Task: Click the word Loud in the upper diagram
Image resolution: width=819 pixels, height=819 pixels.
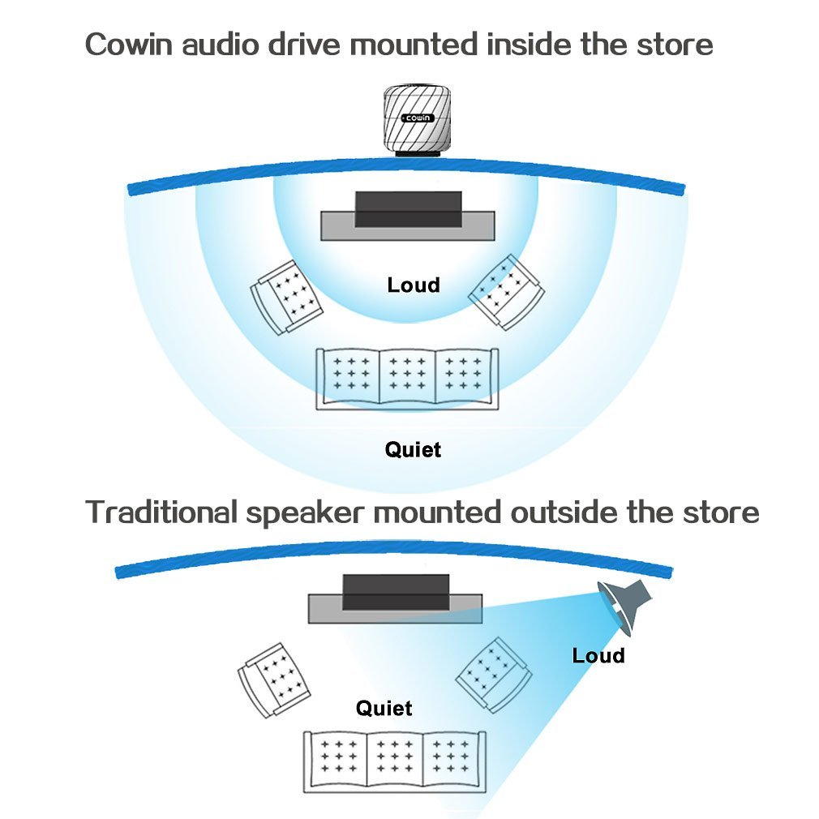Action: [414, 285]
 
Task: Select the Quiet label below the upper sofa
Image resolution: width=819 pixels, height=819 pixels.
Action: [414, 449]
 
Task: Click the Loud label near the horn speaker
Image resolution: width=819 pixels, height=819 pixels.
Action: [598, 655]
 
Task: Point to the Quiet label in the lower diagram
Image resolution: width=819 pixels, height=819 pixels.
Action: [384, 708]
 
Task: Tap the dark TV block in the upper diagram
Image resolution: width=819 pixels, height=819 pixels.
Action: [409, 209]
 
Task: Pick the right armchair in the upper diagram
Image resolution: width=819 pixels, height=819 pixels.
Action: [506, 292]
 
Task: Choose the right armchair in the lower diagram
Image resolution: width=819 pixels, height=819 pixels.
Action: [494, 675]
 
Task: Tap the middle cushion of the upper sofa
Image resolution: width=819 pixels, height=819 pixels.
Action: [408, 375]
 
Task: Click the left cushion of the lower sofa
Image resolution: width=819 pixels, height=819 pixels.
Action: [339, 759]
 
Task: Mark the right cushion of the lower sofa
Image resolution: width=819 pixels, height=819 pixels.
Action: [452, 759]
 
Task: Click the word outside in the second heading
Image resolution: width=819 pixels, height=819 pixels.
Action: [560, 512]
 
